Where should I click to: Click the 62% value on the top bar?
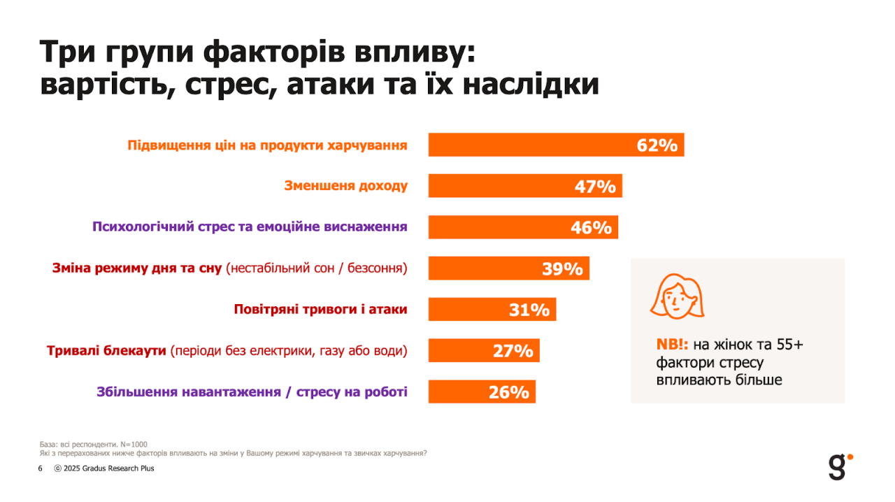point(657,145)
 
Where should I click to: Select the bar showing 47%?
point(524,186)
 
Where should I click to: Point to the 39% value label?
point(562,268)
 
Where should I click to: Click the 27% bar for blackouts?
point(483,350)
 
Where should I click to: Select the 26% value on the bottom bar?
point(508,392)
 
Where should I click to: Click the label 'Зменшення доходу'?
point(345,186)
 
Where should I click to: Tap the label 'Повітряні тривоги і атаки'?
point(320,309)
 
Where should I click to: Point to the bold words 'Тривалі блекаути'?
point(106,350)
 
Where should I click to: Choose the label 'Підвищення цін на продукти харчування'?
point(267,145)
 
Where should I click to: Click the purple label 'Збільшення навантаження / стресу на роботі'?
point(252,392)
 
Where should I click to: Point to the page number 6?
point(40,468)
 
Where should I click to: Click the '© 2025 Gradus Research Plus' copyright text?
point(104,468)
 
